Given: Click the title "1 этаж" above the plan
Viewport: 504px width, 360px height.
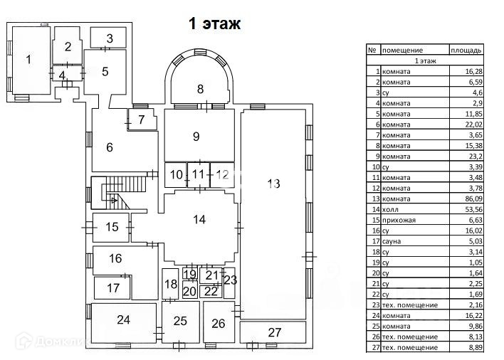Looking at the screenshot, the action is point(214,23).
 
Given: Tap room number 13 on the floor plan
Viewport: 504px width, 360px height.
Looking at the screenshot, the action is point(274,184).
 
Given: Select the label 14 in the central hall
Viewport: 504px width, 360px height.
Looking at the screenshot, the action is point(199,220).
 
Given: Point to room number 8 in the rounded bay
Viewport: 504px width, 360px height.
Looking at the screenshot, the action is point(200,89).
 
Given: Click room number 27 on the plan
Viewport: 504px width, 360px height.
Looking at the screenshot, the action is point(275,332).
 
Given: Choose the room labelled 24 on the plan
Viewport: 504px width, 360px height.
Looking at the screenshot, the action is point(124,320).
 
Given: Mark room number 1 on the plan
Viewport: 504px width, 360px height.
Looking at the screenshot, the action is point(28,59).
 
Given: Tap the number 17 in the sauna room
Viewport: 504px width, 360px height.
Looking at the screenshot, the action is point(112,288).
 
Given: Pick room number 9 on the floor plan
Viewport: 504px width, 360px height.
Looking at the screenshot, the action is point(196,135).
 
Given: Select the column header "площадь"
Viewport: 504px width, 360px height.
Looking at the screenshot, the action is point(467,51).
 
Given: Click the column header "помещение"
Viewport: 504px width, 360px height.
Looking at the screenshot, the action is point(403,51).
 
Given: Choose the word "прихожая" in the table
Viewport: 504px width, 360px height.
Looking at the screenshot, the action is point(398,221).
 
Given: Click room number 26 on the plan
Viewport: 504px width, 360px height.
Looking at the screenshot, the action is point(218,324).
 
